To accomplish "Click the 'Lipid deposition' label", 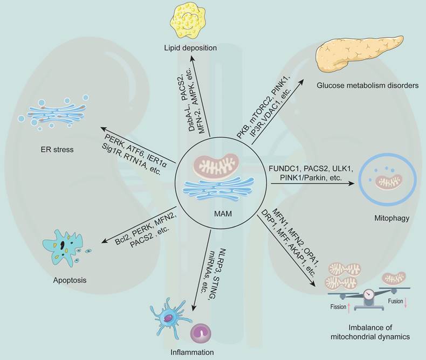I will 191,49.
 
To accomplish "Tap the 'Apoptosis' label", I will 68,280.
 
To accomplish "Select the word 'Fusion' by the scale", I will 396,301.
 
